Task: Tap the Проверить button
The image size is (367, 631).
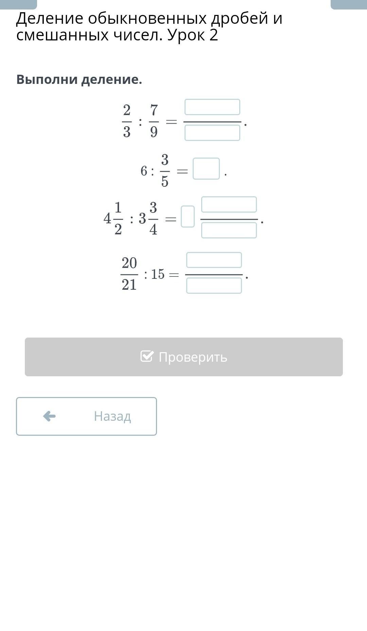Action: (183, 357)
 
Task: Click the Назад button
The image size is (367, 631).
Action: (86, 416)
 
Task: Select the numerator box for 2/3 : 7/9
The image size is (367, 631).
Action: (212, 107)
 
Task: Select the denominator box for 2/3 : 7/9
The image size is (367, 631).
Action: (212, 133)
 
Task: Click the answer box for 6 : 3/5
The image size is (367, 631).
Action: (206, 168)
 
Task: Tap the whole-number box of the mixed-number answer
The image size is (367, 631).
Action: (188, 216)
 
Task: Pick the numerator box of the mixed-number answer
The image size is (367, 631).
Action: (229, 204)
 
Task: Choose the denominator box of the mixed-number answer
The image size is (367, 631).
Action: (229, 230)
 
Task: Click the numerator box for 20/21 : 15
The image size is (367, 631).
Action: (214, 260)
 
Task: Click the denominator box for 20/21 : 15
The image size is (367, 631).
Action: (214, 286)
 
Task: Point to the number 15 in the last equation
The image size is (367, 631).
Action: (158, 274)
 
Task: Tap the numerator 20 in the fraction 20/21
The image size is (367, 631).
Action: (129, 263)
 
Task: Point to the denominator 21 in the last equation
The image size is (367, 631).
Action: (129, 285)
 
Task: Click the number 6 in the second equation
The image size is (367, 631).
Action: (144, 171)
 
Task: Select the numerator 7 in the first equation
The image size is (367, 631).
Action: (154, 110)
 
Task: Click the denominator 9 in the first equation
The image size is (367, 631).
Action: (154, 131)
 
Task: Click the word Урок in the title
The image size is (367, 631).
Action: (186, 35)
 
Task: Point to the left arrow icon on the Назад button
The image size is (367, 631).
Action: (49, 416)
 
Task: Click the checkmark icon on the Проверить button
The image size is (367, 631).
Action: (147, 356)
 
